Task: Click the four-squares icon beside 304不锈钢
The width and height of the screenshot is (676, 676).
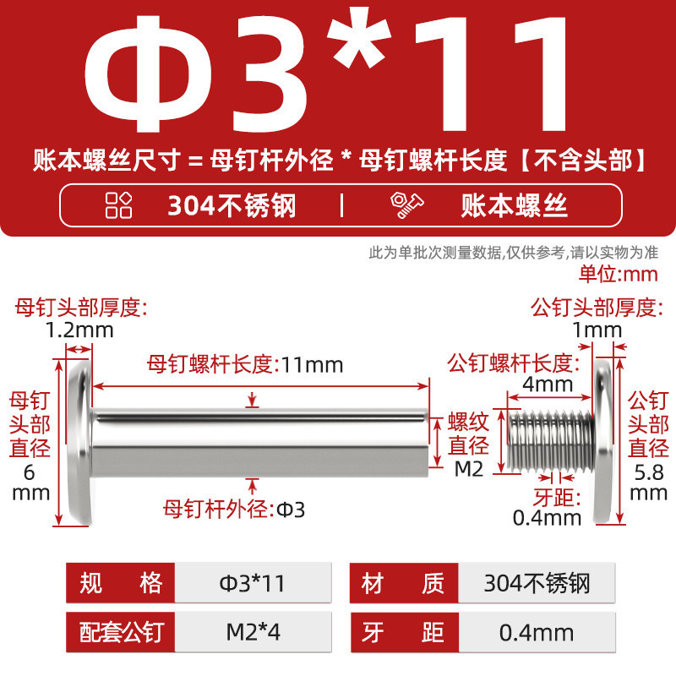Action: click(118, 205)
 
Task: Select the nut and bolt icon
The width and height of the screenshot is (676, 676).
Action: click(406, 205)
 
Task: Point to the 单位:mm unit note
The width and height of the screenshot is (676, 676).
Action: click(619, 274)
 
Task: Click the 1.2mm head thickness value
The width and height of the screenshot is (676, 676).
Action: click(79, 330)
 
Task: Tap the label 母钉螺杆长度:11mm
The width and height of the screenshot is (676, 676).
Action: click(245, 365)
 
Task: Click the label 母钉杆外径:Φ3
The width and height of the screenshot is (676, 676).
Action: click(234, 510)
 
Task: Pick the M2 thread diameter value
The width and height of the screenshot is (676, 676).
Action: click(469, 469)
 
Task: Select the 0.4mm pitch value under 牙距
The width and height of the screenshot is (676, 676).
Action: click(547, 518)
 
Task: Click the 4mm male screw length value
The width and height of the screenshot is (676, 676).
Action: click(548, 384)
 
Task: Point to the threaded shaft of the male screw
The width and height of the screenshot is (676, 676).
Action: click(551, 439)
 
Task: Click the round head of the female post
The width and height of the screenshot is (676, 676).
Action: click(80, 442)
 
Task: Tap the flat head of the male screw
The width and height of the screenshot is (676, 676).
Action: click(602, 442)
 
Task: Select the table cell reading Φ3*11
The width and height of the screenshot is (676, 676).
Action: click(253, 583)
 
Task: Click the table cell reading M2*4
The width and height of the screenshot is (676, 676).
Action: click(253, 632)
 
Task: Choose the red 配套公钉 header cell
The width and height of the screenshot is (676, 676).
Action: click(121, 632)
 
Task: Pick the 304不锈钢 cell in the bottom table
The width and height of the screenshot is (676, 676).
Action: click(537, 583)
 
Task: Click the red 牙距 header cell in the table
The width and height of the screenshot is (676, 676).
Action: click(405, 632)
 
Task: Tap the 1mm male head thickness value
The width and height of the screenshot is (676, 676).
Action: click(597, 330)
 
